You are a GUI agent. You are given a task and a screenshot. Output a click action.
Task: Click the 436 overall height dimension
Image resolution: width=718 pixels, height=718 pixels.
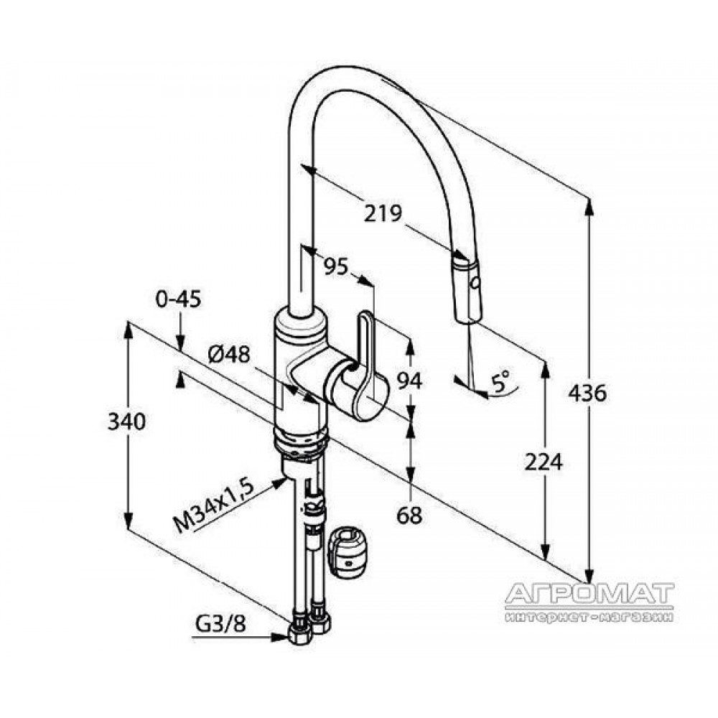[587, 393]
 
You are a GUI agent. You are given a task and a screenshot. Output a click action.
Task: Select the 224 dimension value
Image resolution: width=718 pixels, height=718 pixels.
[543, 462]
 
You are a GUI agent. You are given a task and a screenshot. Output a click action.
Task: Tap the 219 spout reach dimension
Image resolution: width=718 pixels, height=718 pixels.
[383, 213]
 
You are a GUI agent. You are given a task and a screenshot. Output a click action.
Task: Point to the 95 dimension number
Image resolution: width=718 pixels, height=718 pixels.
[336, 266]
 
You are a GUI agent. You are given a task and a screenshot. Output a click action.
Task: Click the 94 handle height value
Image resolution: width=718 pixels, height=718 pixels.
[409, 381]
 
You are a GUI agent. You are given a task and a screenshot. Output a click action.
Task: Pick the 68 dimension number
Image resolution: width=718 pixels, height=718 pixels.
[409, 516]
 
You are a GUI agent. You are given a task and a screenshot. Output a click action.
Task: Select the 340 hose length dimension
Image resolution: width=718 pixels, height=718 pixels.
[126, 421]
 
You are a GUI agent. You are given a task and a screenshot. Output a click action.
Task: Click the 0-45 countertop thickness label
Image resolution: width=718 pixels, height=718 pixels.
[179, 299]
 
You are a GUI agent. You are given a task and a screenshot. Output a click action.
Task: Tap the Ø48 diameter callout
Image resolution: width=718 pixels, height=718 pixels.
[229, 354]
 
